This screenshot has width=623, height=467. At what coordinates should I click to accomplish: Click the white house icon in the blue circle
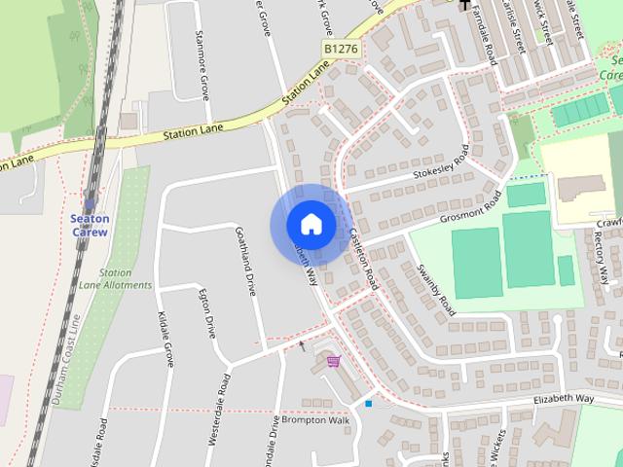pos(311,225)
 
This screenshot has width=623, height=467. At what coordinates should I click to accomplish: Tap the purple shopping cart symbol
pos(334,362)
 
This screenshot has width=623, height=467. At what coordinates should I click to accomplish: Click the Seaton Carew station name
pos(91,226)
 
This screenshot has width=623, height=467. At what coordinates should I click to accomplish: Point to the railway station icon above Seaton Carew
pos(91,204)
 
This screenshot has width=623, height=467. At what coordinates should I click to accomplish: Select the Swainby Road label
pos(434,289)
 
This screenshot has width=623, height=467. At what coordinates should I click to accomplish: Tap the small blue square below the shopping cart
pos(369,403)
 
